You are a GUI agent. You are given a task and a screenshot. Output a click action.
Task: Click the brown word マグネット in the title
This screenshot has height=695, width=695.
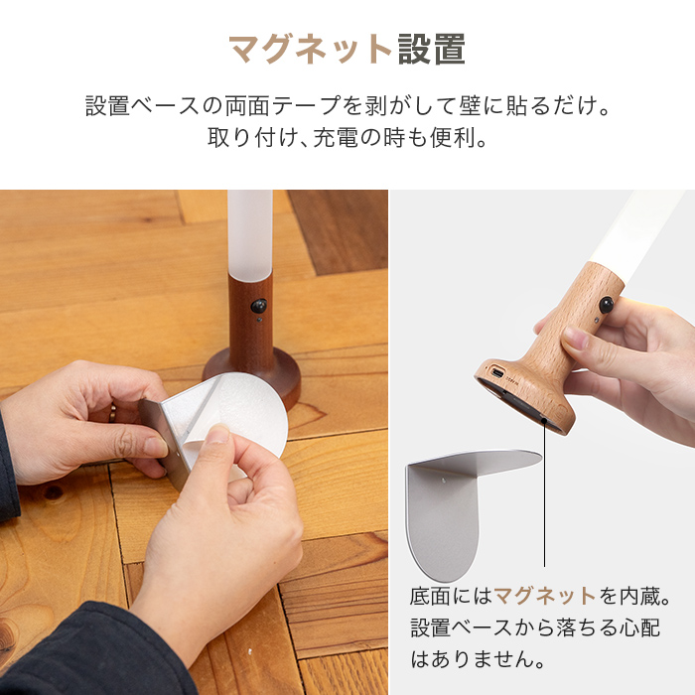[x=310, y=50]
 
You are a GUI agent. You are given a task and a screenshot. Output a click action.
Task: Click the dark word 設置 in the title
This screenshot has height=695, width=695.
[x=432, y=50]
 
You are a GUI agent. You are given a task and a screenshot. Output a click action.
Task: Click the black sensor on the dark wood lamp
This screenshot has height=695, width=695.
[x=258, y=306]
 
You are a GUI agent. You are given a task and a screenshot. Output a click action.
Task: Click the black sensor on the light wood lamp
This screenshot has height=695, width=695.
[x=606, y=305]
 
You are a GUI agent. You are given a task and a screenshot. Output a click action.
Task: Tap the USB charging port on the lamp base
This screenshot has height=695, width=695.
[x=496, y=372]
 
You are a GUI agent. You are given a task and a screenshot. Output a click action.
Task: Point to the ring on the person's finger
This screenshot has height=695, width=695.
[x=113, y=413]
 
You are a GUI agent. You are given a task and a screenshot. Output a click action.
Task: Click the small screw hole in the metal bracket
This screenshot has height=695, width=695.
[x=444, y=480]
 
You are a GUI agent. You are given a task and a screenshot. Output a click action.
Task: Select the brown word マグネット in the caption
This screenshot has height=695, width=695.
[x=545, y=596]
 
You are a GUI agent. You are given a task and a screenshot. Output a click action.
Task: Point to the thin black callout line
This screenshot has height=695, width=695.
[x=544, y=492]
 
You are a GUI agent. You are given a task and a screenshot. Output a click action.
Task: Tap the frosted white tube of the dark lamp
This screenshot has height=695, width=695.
[x=250, y=235]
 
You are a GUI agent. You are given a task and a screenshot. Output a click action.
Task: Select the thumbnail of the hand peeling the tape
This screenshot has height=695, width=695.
[x=194, y=443]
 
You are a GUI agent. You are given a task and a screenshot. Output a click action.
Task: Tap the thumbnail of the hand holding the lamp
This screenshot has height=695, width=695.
[x=542, y=443]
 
